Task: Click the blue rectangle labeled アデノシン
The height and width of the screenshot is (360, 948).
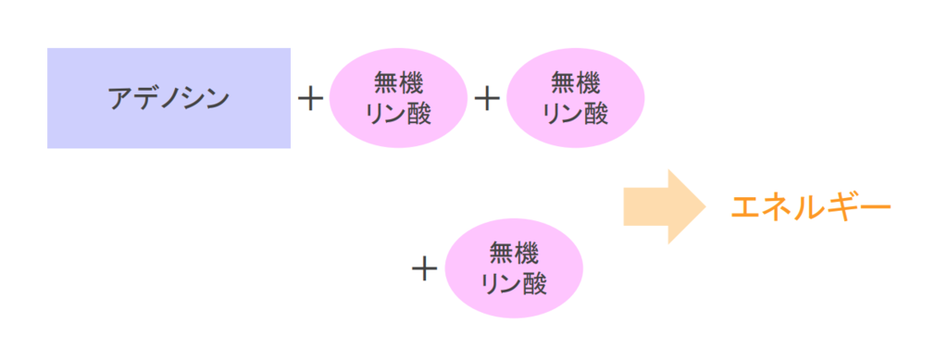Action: tap(168, 98)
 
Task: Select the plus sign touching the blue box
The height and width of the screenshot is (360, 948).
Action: tap(311, 98)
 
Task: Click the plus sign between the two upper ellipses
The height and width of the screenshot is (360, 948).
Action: tap(487, 98)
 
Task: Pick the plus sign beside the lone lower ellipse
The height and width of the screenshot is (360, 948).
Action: tap(424, 268)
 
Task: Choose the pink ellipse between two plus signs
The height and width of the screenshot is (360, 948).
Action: tap(398, 98)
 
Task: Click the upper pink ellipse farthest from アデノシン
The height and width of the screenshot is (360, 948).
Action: tap(575, 98)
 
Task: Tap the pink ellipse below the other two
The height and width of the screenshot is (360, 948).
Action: tap(514, 268)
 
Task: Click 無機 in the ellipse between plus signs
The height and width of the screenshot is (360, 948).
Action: tap(398, 83)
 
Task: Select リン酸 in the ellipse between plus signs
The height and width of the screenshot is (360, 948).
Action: tap(398, 113)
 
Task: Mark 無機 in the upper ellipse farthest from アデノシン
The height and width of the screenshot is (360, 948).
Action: tap(575, 83)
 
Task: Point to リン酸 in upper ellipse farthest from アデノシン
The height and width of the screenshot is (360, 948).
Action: tap(575, 113)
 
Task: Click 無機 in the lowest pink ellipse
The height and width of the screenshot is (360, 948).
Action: tap(514, 253)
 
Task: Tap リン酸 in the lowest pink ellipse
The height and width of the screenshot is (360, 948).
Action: tap(514, 283)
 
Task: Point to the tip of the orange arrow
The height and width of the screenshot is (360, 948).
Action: tap(705, 205)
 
